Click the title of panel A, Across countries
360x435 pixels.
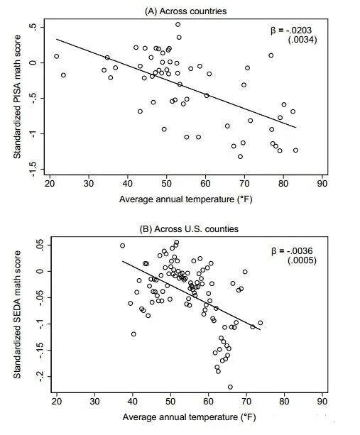tap(186, 11)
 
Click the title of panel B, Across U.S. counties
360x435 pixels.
tap(189, 229)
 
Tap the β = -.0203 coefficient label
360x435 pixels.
tap(291, 31)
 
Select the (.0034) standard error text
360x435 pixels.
tap(302, 40)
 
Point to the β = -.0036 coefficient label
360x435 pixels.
tap(292, 251)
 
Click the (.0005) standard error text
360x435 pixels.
tap(302, 260)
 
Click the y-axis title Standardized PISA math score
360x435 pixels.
tap(17, 97)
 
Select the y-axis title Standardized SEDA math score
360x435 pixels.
tap(17, 314)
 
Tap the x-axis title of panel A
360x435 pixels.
tap(186, 199)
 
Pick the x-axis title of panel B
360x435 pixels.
tap(189, 417)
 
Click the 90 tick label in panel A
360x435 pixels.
tap(322, 184)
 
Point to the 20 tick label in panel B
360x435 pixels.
tap(57, 402)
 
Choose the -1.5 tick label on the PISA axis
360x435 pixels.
tap(33, 169)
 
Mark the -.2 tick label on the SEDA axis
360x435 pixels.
tap(40, 377)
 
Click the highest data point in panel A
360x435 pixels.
tap(178, 24)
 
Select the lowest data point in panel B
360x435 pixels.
tap(230, 387)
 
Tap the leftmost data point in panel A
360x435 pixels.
tap(57, 56)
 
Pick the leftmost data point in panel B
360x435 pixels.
tap(122, 246)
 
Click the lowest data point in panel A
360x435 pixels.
tap(240, 157)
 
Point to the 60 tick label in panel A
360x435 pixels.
tap(205, 184)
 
